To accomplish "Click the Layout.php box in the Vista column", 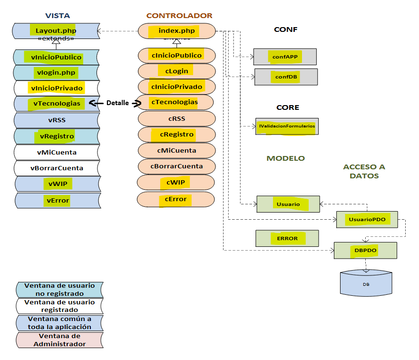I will point(56,31).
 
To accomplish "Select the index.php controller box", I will point(176,31).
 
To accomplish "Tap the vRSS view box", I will point(57,120).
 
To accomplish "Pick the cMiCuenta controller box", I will point(176,151).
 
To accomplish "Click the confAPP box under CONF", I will point(285,57).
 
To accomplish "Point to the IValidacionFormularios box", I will point(287,126).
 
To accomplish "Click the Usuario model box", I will point(288,204).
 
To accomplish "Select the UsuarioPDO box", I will point(367,219).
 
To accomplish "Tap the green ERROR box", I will point(287,238).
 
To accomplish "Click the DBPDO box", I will point(365,250).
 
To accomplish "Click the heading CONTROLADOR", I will point(179,16).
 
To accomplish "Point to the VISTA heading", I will point(57,16).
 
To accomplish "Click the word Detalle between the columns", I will point(117,103).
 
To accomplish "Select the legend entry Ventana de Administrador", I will point(59,340).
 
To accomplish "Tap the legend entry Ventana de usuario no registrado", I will point(59,290).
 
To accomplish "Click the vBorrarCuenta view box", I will point(57,168).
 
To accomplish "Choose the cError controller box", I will point(176,199).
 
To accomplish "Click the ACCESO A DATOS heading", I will point(364,171).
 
